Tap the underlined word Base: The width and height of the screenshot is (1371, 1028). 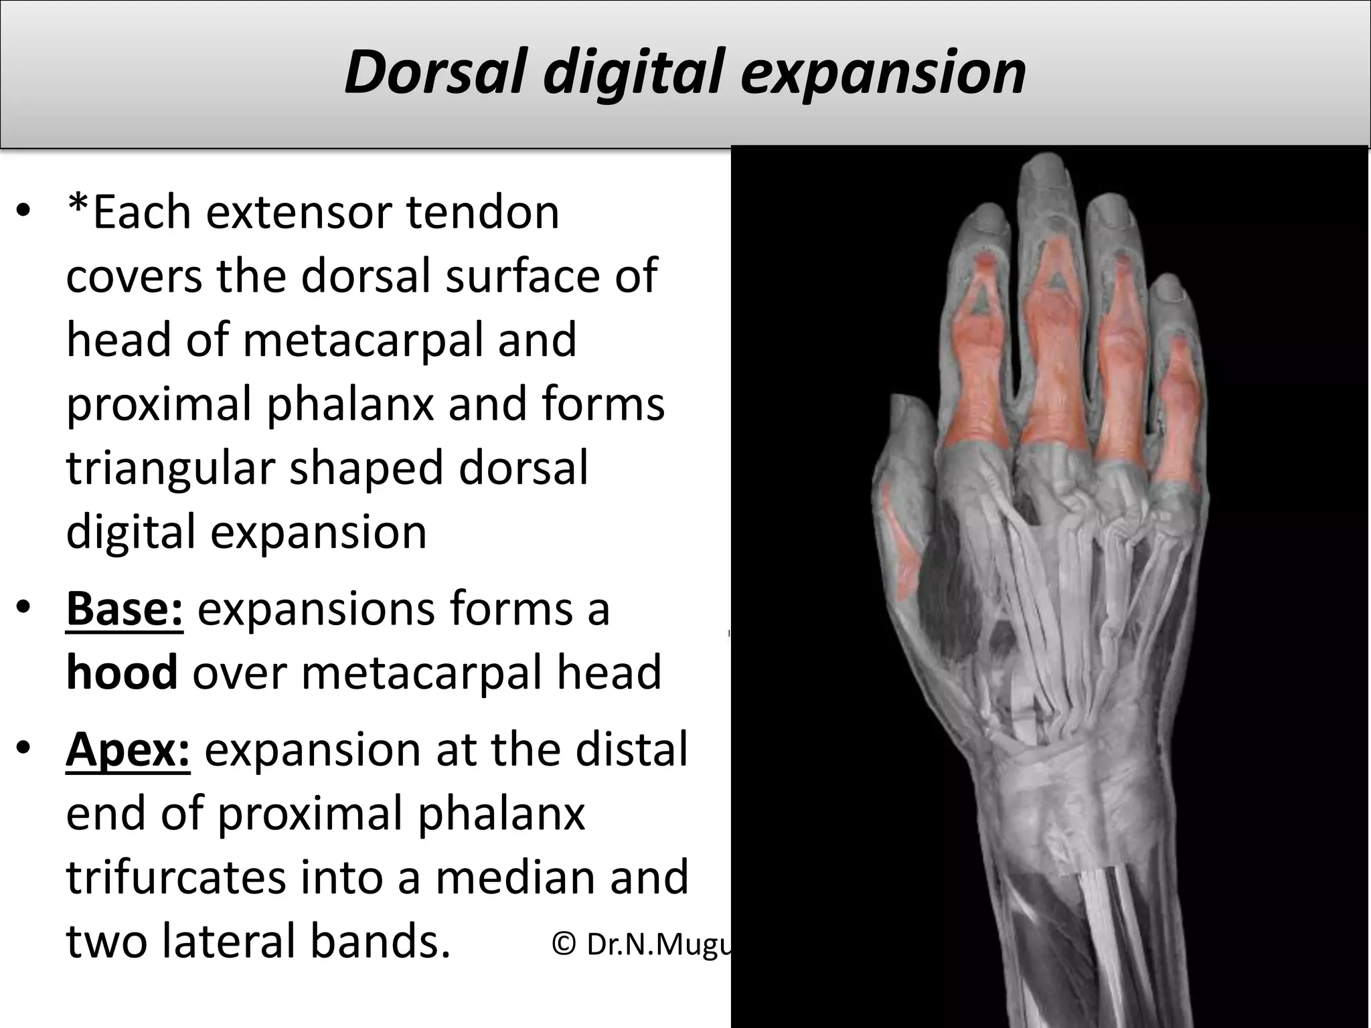click(x=125, y=608)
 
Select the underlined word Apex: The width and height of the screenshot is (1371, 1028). click(x=128, y=750)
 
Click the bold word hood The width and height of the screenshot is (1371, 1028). click(x=122, y=672)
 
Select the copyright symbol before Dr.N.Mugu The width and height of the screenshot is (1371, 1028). click(x=564, y=944)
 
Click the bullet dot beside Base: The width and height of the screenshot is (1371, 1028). click(x=24, y=608)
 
